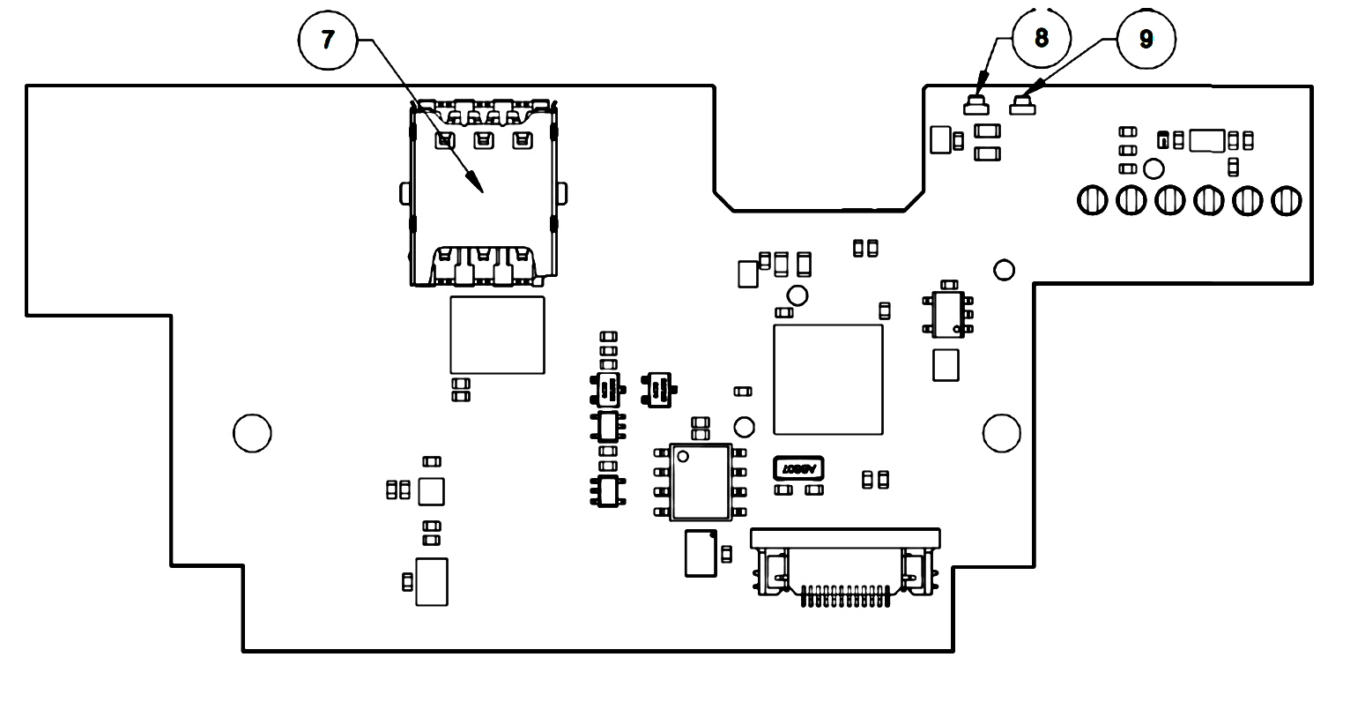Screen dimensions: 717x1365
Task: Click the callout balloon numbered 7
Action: point(328,40)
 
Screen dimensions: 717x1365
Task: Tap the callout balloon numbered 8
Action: point(1042,38)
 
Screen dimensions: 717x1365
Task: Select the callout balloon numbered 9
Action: point(1146,40)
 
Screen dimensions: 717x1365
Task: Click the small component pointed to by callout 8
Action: point(976,107)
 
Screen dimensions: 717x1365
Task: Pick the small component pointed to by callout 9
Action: point(1023,108)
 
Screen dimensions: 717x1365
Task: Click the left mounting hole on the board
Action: point(252,432)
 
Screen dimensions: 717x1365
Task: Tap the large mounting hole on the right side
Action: point(1002,432)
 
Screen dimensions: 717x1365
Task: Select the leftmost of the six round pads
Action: point(1093,200)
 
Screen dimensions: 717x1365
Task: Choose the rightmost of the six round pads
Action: point(1287,200)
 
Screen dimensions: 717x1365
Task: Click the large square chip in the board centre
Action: point(827,379)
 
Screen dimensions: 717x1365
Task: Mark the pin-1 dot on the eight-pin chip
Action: point(681,456)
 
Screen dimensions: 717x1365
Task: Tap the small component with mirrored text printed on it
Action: point(797,468)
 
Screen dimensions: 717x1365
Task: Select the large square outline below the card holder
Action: point(497,335)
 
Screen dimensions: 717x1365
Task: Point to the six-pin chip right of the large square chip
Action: point(948,315)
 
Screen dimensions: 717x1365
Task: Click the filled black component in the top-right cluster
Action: point(1163,139)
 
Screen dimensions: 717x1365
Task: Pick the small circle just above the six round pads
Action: point(1154,168)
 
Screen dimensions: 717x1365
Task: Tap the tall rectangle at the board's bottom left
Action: point(432,581)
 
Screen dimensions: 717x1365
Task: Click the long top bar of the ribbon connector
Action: point(845,536)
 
